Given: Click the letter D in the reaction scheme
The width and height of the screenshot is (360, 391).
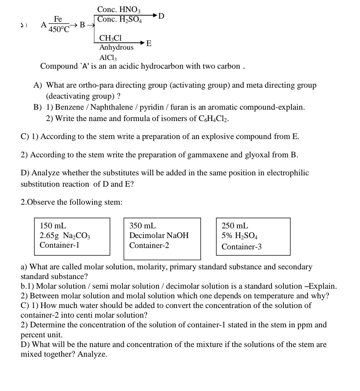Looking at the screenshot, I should (161, 16).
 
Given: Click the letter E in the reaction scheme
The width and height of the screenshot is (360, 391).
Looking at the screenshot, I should (149, 43).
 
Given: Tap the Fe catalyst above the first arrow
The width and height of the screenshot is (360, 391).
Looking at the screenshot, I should (58, 19).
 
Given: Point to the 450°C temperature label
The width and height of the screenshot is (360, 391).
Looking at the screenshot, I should (59, 29).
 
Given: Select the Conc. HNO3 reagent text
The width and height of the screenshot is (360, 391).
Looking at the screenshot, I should (119, 10).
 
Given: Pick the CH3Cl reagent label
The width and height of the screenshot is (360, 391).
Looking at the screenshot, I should (110, 38).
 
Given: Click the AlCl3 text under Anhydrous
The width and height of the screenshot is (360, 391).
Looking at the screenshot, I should (108, 58).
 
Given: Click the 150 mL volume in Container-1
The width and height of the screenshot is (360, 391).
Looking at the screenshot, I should (53, 226).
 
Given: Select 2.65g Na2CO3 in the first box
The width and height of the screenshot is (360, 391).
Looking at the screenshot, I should (65, 236).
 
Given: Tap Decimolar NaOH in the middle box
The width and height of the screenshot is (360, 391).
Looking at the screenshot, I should (159, 236).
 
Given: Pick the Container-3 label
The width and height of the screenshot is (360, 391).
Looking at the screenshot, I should (241, 247).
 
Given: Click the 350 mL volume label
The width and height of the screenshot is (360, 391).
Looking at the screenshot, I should (142, 226).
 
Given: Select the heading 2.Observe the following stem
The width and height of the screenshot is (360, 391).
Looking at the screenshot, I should (71, 202).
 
